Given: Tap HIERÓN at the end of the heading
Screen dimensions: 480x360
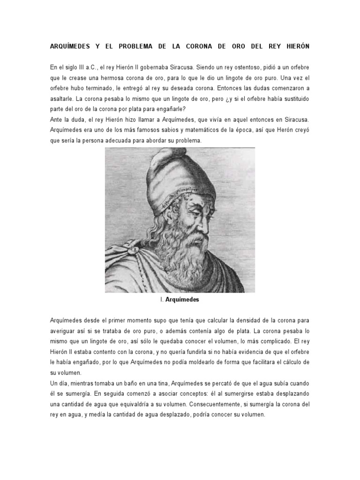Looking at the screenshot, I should tap(294, 47).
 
